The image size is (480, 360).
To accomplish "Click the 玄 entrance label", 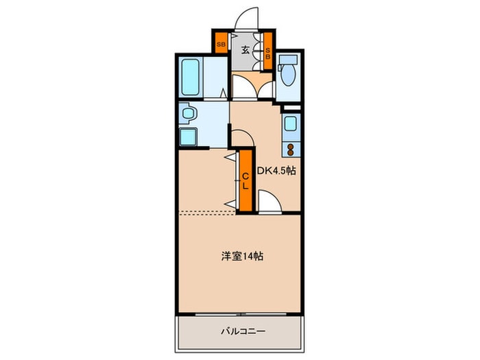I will (245, 49).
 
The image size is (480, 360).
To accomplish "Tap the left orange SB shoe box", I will (220, 46).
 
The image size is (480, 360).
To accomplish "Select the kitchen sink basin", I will (291, 124).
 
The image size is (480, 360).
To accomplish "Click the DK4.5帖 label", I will (276, 171).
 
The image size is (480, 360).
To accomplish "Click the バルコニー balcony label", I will (242, 331).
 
